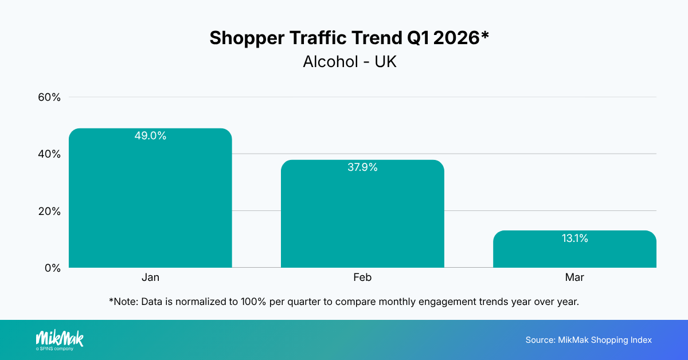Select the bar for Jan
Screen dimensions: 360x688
pyautogui.click(x=150, y=201)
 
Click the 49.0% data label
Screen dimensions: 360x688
pyautogui.click(x=150, y=136)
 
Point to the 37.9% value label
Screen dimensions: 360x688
pyautogui.click(x=362, y=167)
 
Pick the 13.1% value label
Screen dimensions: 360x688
pyautogui.click(x=574, y=238)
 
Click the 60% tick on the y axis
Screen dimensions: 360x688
pyautogui.click(x=49, y=97)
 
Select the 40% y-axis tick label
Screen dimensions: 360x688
pyautogui.click(x=49, y=154)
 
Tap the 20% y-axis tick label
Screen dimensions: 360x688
pyautogui.click(x=49, y=211)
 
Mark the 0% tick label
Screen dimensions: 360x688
pyautogui.click(x=52, y=268)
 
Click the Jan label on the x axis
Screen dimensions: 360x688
pyautogui.click(x=150, y=277)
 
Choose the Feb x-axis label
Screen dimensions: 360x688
pyautogui.click(x=362, y=277)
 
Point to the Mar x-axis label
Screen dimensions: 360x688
pyautogui.click(x=574, y=277)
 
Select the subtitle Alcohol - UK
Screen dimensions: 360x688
pyautogui.click(x=349, y=62)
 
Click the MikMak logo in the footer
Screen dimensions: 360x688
pyautogui.click(x=60, y=338)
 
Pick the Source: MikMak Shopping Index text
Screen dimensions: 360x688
pyautogui.click(x=588, y=340)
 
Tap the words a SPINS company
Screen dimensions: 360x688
pyautogui.click(x=54, y=349)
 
